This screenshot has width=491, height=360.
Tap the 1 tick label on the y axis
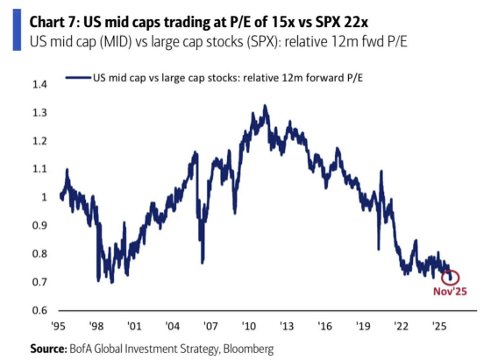44,197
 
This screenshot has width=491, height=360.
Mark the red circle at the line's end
450,278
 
